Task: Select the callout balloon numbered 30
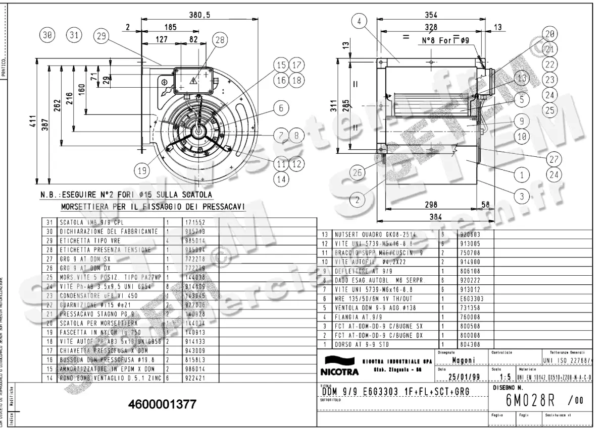(x=48, y=35)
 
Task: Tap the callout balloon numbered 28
(x=220, y=41)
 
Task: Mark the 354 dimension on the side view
(x=431, y=15)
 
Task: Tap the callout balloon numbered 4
(x=359, y=21)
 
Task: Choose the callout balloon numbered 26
(x=358, y=172)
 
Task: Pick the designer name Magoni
(x=462, y=360)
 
